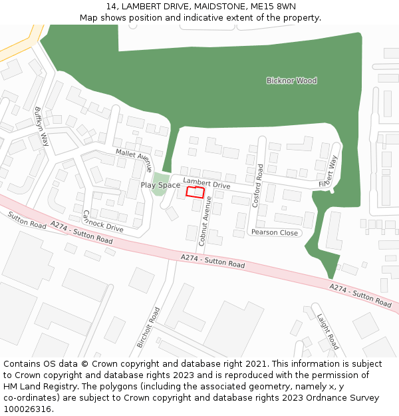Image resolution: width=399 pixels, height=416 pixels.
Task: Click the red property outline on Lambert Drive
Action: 195,192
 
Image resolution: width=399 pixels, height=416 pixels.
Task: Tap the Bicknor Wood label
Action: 291,81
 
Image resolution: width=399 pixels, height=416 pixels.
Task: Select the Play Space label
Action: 160,185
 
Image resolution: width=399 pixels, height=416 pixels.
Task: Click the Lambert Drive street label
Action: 206,184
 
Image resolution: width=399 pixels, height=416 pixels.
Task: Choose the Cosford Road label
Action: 257,186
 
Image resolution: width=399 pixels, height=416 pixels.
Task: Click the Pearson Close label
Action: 274,233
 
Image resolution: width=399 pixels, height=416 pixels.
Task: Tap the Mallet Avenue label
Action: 134,160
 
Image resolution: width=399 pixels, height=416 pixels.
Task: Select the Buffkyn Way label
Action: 41,126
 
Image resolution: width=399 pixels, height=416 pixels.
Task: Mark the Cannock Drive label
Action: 102,221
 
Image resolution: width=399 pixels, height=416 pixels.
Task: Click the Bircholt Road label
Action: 149,327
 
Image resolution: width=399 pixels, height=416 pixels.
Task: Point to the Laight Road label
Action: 328,331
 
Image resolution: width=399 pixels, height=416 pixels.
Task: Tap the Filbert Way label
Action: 329,171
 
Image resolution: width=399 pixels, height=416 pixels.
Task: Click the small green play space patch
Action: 158,184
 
